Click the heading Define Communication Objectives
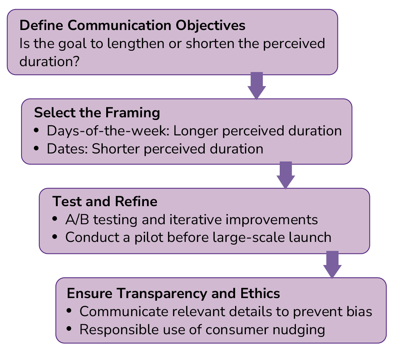[132, 25]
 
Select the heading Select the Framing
[97, 113]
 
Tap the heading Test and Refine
[105, 202]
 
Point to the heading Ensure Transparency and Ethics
[173, 293]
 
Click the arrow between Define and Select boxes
[257, 86]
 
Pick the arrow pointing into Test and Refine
[285, 175]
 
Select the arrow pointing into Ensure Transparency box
[332, 265]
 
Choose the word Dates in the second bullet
[62, 149]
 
